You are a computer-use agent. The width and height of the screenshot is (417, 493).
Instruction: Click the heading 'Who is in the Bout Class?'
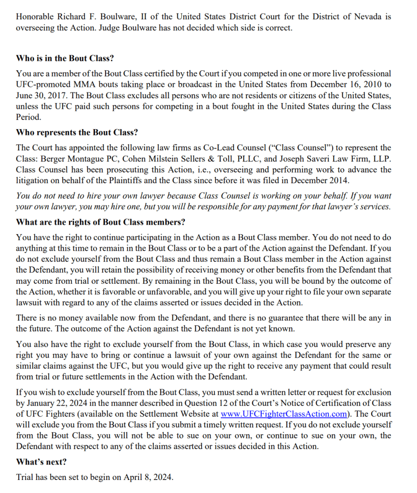65,59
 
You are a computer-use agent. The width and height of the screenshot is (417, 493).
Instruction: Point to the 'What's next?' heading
41,462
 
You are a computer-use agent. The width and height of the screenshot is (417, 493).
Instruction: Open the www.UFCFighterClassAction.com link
284,414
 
